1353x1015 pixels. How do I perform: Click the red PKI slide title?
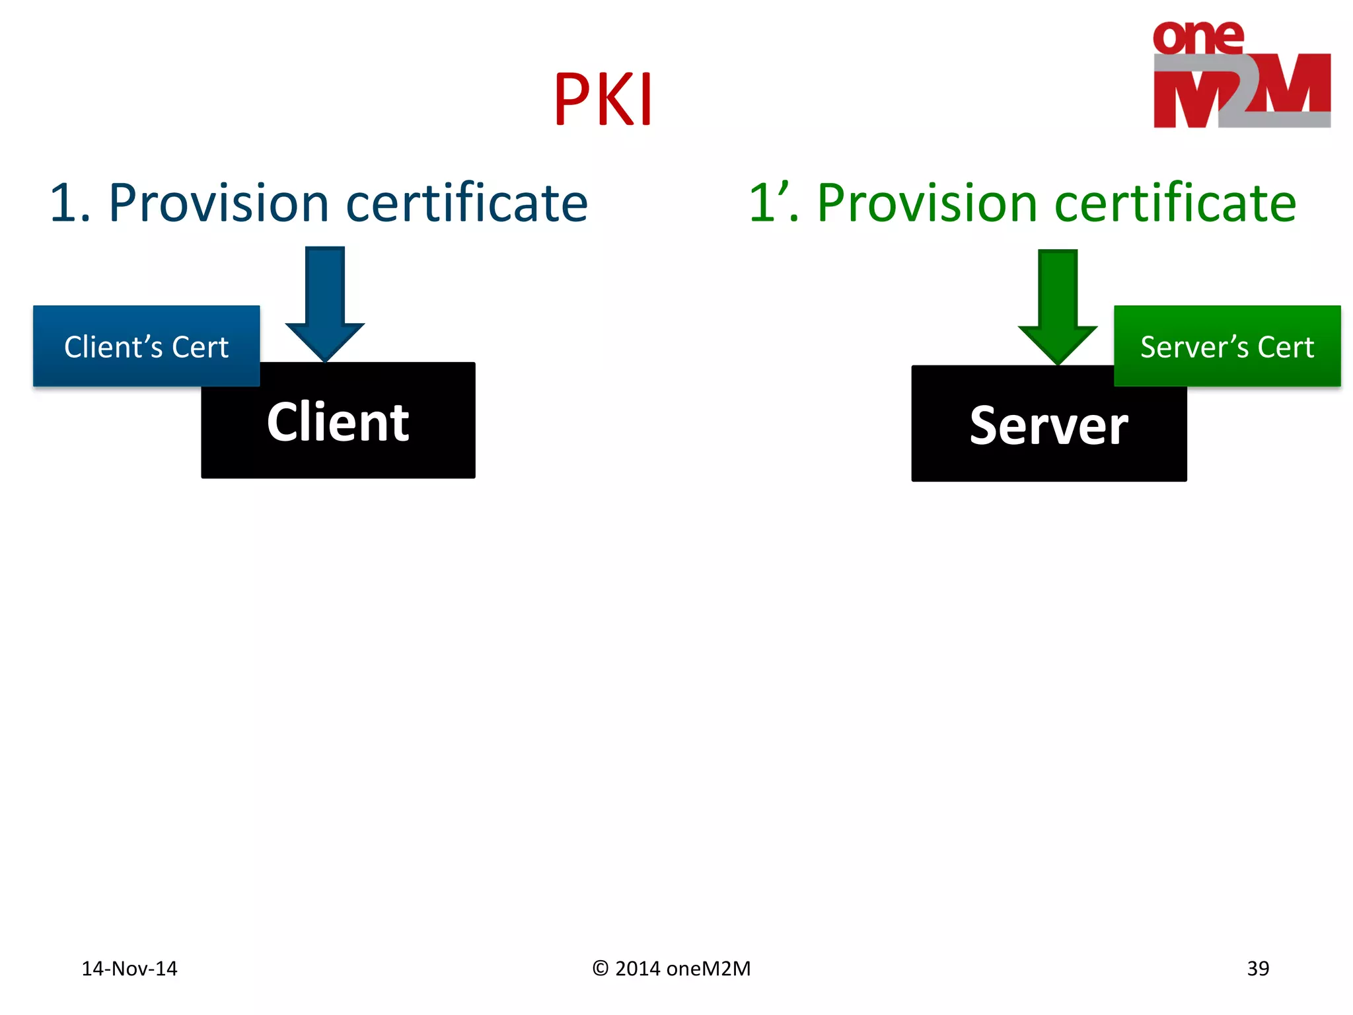pos(603,99)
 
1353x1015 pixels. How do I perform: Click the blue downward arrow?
pos(325,301)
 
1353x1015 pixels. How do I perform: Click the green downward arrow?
pos(1058,304)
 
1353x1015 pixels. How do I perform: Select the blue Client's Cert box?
pos(146,346)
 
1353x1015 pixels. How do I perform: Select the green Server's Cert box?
pos(1227,346)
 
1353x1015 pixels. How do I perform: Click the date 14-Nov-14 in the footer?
pos(129,969)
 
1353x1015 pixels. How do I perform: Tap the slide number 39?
pos(1258,969)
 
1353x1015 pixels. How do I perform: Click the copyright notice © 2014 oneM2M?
pos(672,969)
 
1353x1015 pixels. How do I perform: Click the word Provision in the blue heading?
pos(219,203)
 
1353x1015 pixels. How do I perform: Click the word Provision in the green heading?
pos(928,203)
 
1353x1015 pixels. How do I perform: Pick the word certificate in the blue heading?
pos(466,203)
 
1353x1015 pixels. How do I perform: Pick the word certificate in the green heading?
pos(1175,203)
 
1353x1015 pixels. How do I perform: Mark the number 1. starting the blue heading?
pos(70,203)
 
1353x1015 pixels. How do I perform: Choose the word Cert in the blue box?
pos(200,347)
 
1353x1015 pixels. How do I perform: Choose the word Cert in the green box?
pos(1286,347)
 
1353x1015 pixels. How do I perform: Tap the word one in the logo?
pos(1198,38)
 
